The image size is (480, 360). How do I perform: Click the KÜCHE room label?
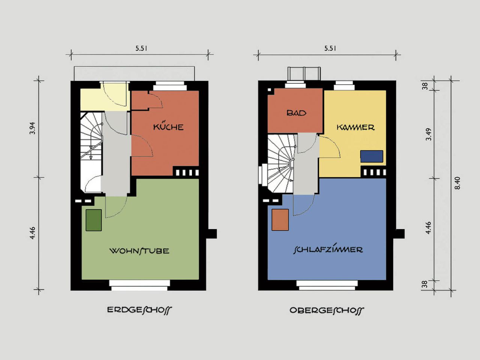168,126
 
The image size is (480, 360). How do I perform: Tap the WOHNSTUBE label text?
139,250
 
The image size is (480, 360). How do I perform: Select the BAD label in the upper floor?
296,113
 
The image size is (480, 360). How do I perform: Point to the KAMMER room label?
355,127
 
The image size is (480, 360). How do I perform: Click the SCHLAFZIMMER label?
328,250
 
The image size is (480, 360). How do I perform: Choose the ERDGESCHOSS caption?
139,310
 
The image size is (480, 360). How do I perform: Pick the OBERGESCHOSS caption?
327,310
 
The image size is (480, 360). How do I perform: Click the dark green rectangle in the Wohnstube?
94,220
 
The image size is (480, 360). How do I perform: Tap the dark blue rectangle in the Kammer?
372,156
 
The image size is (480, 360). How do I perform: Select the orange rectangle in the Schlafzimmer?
280,220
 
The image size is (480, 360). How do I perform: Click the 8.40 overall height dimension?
457,183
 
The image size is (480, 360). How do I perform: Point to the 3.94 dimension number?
32,128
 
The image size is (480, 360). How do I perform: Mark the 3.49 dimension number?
429,134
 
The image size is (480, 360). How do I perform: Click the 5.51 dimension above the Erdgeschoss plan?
141,48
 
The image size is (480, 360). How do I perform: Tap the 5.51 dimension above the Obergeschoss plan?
330,48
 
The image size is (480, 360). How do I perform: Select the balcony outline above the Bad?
304,73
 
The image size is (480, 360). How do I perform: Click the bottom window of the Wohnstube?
139,285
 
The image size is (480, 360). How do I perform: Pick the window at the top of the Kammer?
345,85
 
